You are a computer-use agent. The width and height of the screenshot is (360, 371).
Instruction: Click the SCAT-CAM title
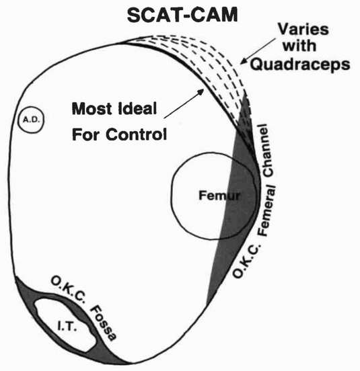point(182,15)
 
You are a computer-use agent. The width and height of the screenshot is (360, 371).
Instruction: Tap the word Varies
point(303,29)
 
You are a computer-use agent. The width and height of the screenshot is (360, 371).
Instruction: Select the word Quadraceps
point(300,64)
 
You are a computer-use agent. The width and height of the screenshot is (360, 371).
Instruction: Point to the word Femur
point(219,196)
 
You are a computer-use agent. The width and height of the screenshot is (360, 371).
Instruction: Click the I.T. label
point(67,327)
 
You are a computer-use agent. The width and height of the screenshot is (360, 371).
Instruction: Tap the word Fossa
point(104,323)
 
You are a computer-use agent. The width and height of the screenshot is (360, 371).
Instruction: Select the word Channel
point(266,150)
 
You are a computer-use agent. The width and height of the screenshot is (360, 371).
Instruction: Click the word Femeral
point(267,210)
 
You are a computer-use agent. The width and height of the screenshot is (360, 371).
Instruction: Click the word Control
point(136,134)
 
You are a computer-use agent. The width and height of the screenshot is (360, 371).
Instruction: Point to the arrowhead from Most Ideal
point(201,91)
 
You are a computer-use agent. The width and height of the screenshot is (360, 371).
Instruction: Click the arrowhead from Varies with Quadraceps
point(243,61)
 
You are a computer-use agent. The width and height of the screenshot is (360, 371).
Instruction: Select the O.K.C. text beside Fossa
point(68,290)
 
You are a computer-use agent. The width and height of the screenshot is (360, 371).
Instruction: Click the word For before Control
point(87,134)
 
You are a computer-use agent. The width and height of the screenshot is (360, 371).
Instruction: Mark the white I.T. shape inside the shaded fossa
point(66,325)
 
